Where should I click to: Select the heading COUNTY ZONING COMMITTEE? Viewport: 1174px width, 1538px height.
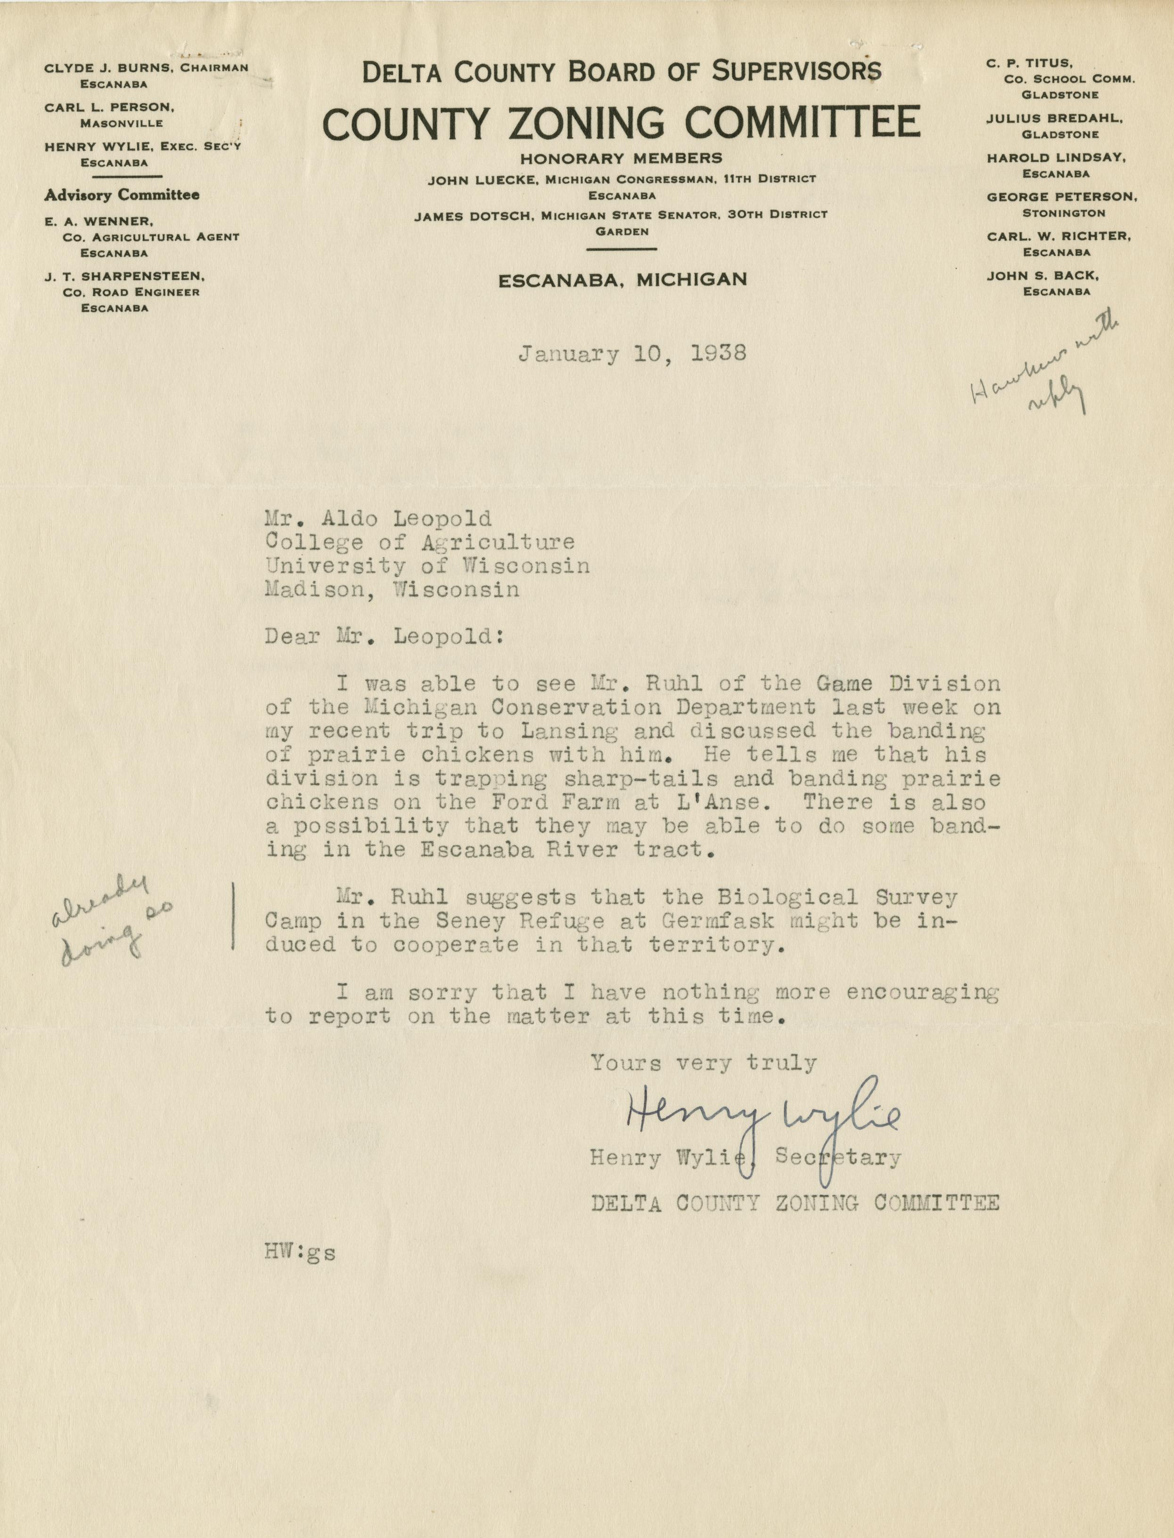(x=621, y=123)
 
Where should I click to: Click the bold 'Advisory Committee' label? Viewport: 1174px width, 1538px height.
(x=122, y=195)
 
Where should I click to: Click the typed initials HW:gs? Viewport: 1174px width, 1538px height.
(x=300, y=1252)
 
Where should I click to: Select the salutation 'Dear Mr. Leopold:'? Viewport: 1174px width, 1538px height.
(x=384, y=637)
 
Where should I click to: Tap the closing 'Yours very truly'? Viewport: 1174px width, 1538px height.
(x=703, y=1064)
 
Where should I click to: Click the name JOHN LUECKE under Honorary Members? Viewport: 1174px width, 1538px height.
(x=482, y=180)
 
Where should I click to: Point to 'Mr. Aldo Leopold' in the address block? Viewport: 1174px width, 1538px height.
(x=378, y=518)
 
